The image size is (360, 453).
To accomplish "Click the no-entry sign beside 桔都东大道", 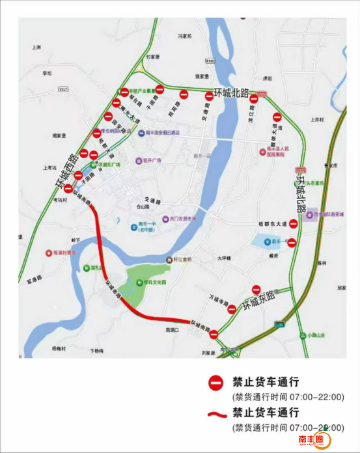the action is tap(294, 223).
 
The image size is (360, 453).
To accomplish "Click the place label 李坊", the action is tap(46, 73).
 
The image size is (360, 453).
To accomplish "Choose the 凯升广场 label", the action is tap(151, 160).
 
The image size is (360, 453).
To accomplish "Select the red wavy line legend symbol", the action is tap(215, 414).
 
